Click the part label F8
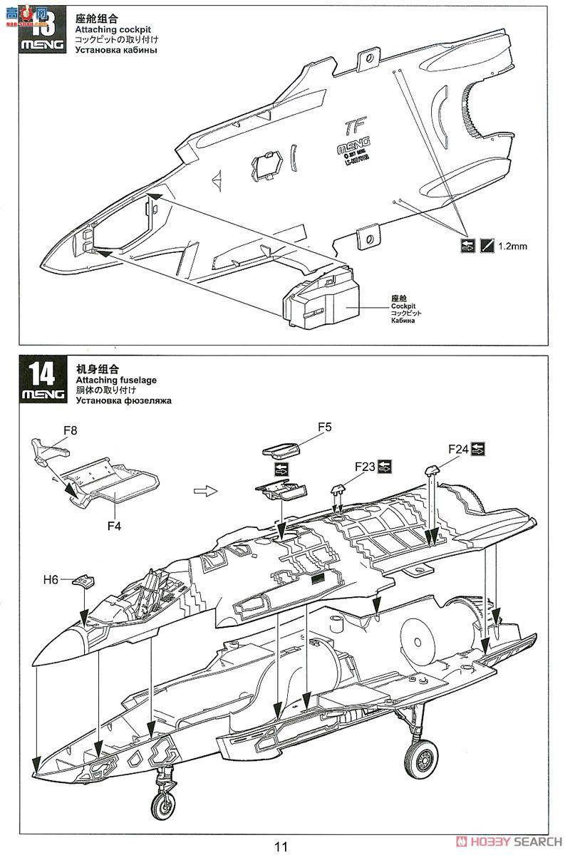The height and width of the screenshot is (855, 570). (x=71, y=430)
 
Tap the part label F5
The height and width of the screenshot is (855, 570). (x=325, y=427)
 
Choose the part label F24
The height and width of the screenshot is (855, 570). (x=458, y=449)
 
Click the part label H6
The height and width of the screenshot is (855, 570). (x=50, y=579)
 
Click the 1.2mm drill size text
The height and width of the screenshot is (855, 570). (x=512, y=246)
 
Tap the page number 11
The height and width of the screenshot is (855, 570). (x=281, y=846)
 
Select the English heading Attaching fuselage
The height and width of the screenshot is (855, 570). (x=116, y=380)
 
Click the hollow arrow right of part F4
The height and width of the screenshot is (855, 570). (x=204, y=491)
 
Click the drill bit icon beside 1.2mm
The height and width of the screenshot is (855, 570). (x=487, y=246)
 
